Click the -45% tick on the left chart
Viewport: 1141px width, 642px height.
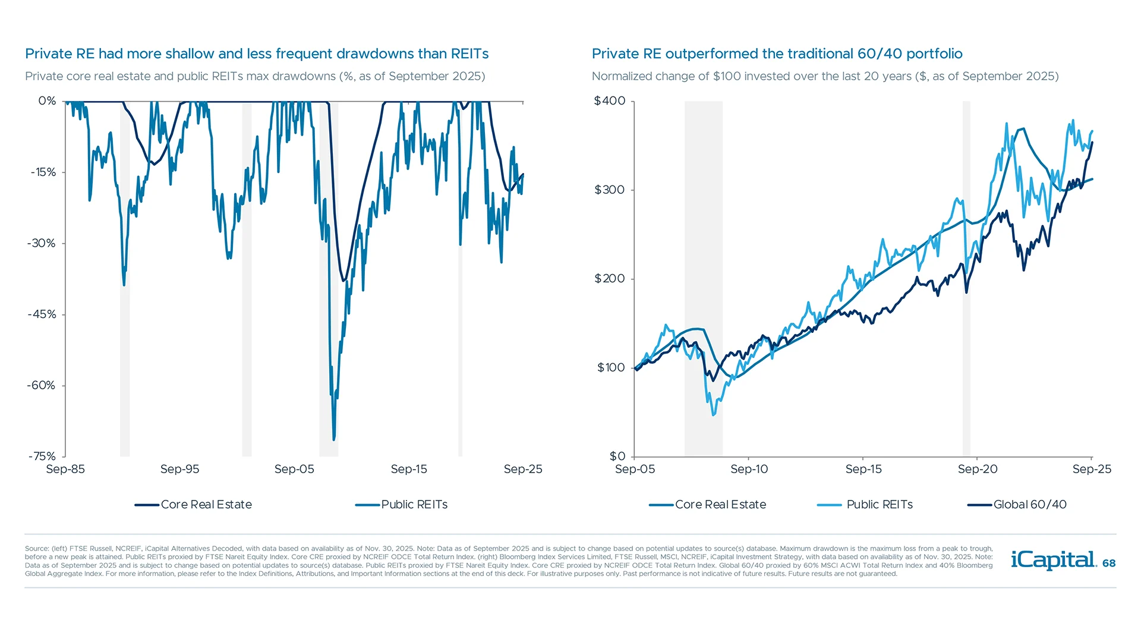[42, 314]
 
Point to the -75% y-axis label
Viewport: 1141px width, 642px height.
[42, 457]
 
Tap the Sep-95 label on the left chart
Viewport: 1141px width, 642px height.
[179, 469]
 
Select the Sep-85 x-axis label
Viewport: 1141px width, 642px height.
[65, 469]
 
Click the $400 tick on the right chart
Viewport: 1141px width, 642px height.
[610, 101]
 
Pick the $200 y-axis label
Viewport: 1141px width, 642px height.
[610, 279]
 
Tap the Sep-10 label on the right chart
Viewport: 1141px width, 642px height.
[749, 469]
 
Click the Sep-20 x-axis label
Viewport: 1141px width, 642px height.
[978, 469]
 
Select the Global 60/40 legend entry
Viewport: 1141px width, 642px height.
[1029, 505]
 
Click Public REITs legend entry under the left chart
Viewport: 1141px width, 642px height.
[414, 505]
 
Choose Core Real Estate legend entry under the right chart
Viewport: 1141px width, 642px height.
[720, 505]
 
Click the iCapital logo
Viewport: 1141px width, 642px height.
[1053, 560]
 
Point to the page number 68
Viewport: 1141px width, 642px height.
[1109, 563]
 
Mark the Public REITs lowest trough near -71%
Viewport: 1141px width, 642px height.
[334, 439]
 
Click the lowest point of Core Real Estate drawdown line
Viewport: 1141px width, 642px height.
[343, 281]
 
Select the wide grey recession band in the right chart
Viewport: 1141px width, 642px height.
[703, 267]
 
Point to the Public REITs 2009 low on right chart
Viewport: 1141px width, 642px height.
[714, 414]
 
